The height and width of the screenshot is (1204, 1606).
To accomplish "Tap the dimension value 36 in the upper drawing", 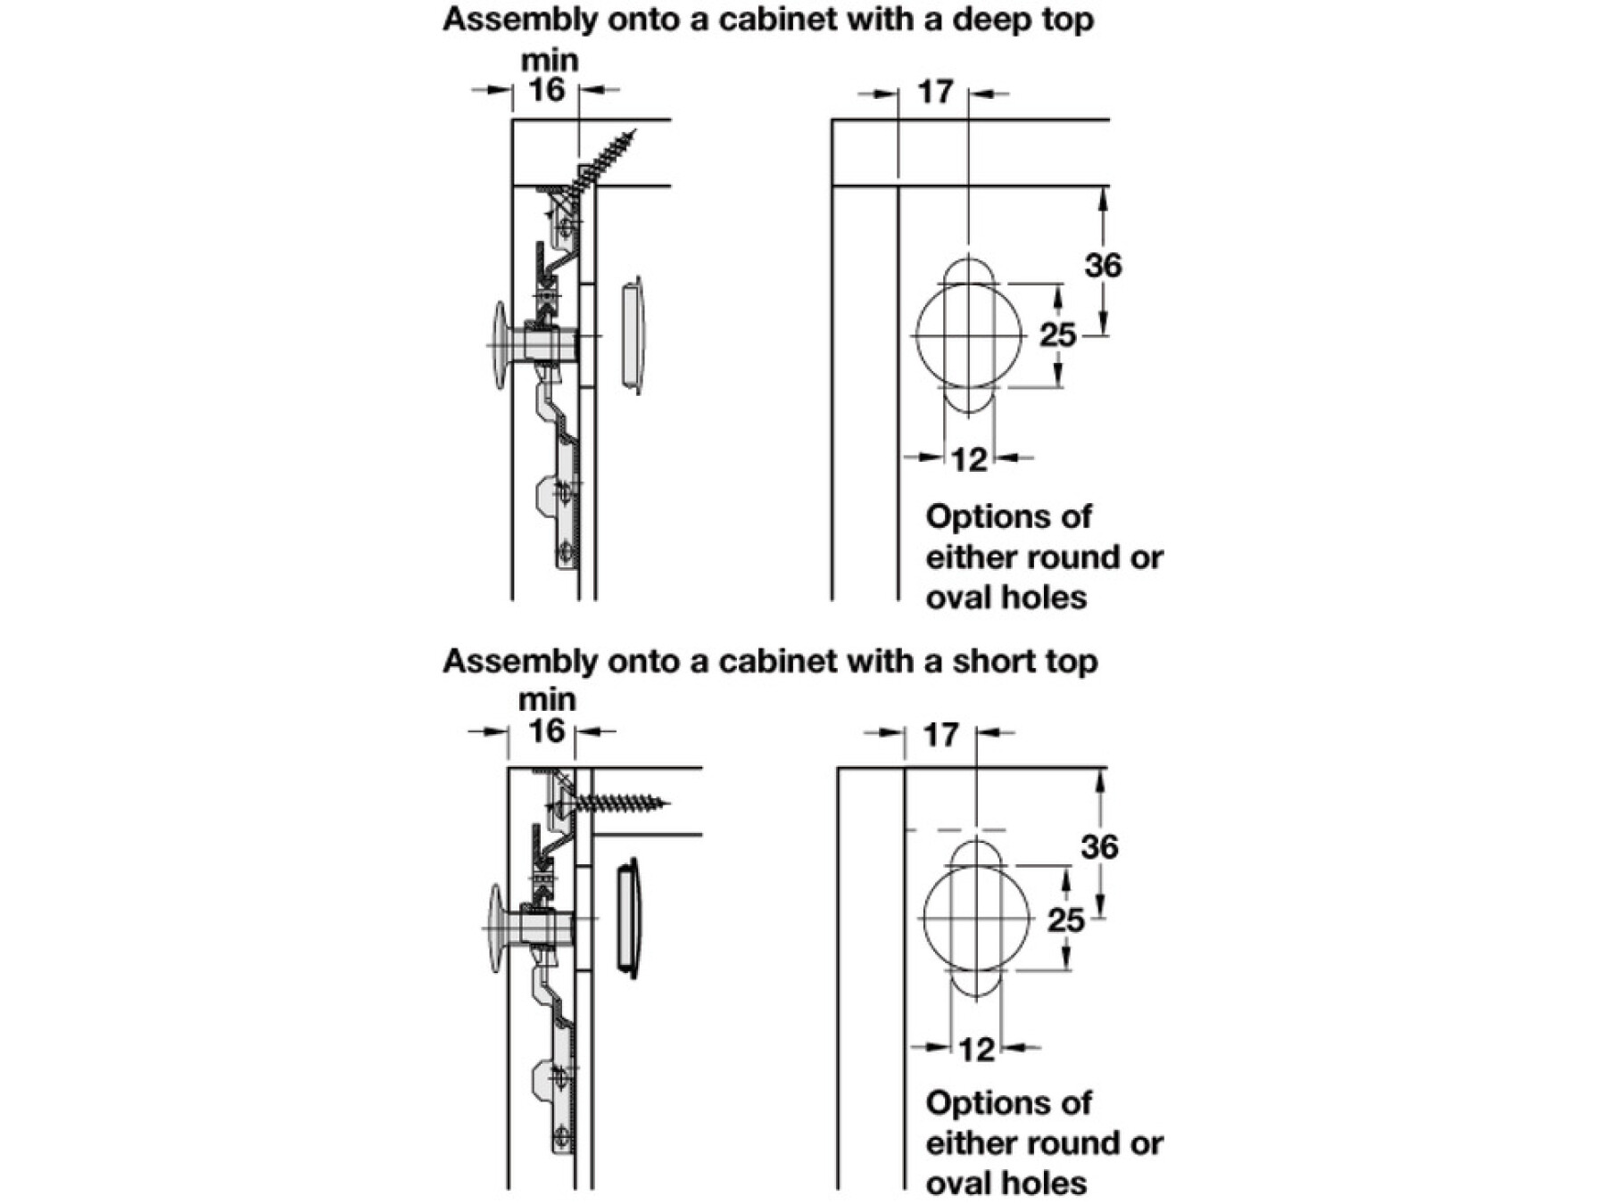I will [x=1103, y=265].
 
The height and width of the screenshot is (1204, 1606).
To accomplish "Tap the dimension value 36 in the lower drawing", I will [x=1098, y=846].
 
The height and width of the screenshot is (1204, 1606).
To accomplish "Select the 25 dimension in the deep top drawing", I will [x=1057, y=335].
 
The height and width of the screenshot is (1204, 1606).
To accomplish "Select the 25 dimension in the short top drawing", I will [x=1065, y=919].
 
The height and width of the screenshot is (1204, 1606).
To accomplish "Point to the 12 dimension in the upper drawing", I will [x=969, y=459].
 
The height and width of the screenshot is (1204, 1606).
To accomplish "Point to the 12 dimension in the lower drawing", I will [x=976, y=1049].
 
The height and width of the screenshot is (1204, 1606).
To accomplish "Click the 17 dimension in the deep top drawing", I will [x=935, y=92].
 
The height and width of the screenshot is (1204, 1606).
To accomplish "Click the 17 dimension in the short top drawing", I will [x=940, y=735].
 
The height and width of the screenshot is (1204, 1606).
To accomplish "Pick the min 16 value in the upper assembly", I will [x=546, y=90].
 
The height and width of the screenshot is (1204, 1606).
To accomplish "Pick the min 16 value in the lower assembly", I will [x=546, y=731].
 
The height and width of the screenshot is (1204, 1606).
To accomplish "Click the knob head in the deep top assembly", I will [x=500, y=344].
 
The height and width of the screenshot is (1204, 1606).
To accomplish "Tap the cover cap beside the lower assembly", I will [x=627, y=919].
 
